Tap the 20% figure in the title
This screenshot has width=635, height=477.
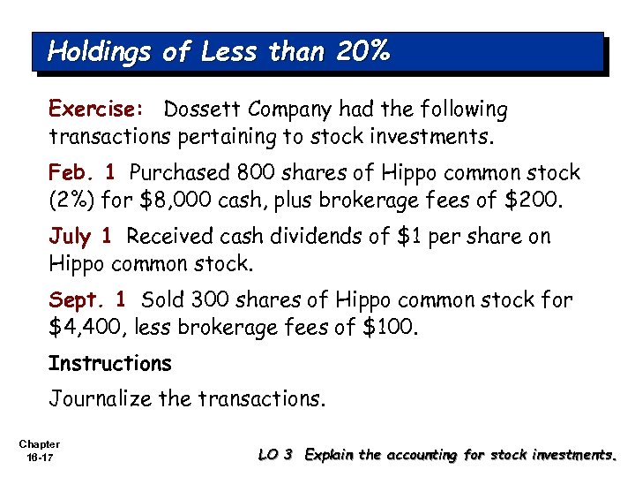[362, 52]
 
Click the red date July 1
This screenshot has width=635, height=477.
[80, 236]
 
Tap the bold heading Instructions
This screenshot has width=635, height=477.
[109, 363]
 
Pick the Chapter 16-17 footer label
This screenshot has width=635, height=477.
[38, 450]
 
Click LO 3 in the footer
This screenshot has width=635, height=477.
[276, 455]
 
